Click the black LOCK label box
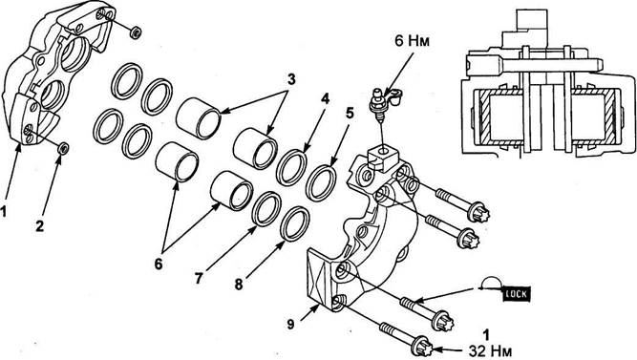click(518, 293)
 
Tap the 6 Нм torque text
click(412, 41)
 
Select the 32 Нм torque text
click(490, 350)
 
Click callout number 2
click(39, 225)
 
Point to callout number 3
click(291, 79)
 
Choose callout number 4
click(325, 98)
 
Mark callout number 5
click(350, 114)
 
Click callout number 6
click(159, 265)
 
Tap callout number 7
click(199, 279)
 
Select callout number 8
click(239, 285)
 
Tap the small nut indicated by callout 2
click(63, 148)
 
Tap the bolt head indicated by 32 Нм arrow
click(422, 348)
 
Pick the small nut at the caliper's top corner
click(136, 32)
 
